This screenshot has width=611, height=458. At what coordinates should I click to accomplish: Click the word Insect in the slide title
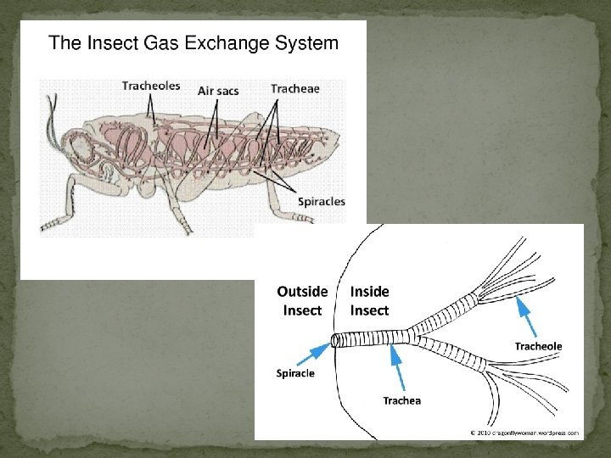coord(105,43)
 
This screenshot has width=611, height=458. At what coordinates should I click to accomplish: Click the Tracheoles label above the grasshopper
coord(150,86)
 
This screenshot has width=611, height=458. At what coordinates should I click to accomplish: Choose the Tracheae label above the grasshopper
coord(295,88)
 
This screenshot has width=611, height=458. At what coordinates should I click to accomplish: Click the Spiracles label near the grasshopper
coord(320,201)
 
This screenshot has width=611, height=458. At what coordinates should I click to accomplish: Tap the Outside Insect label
coord(302,301)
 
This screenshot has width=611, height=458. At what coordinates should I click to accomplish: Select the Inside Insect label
coord(369,301)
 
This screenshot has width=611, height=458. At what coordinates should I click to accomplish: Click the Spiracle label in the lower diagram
coord(296,372)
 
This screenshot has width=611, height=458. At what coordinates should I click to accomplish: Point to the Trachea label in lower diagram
coord(401,400)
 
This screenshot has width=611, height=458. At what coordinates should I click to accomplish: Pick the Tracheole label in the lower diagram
coord(538,346)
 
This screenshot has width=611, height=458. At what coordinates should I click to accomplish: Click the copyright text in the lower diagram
coord(525,433)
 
